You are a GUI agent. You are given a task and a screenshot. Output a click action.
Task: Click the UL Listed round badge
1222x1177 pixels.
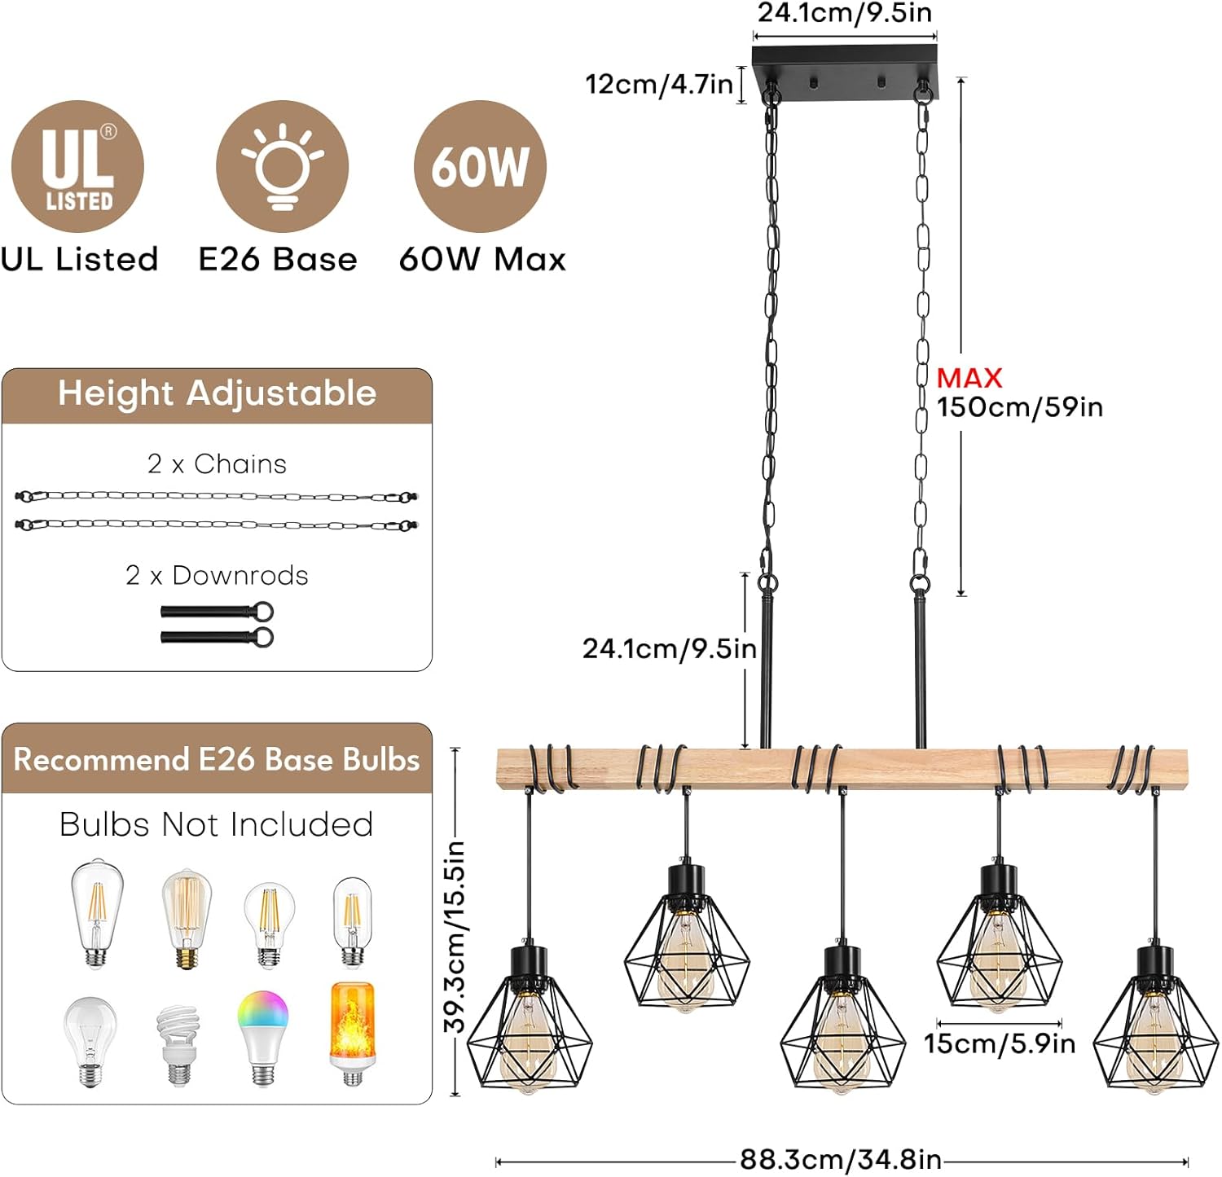(x=77, y=167)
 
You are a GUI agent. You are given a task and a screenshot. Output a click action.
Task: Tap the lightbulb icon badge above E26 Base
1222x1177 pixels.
(x=282, y=167)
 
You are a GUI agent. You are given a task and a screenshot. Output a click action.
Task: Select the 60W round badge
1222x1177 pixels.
(x=480, y=167)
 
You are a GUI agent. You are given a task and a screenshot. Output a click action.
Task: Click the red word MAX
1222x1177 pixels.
(x=969, y=378)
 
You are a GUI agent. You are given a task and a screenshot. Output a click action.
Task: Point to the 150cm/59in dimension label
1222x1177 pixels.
(x=1019, y=407)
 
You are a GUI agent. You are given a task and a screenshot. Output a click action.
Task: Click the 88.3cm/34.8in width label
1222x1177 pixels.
(x=840, y=1159)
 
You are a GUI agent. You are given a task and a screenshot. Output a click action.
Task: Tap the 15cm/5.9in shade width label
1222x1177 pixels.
(x=999, y=1043)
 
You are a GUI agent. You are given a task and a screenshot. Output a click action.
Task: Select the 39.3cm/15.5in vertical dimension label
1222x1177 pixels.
(x=455, y=937)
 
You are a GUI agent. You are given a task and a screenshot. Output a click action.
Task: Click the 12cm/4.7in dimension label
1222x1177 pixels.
(x=658, y=84)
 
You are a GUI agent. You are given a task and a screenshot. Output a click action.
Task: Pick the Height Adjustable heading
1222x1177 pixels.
(x=217, y=393)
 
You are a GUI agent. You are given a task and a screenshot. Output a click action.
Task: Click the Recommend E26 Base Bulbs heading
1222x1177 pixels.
(x=217, y=759)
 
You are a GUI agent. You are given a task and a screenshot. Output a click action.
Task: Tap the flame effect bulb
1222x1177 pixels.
(x=352, y=1033)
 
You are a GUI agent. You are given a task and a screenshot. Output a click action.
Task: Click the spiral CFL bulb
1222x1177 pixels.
(x=178, y=1043)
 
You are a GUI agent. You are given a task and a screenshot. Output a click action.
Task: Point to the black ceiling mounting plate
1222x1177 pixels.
(x=845, y=72)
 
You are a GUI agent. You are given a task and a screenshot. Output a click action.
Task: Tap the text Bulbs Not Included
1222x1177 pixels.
(x=217, y=824)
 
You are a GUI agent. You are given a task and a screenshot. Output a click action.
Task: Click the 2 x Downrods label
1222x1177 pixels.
(x=217, y=575)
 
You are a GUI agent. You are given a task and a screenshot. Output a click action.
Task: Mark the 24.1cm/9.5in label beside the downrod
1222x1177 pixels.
(x=669, y=648)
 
